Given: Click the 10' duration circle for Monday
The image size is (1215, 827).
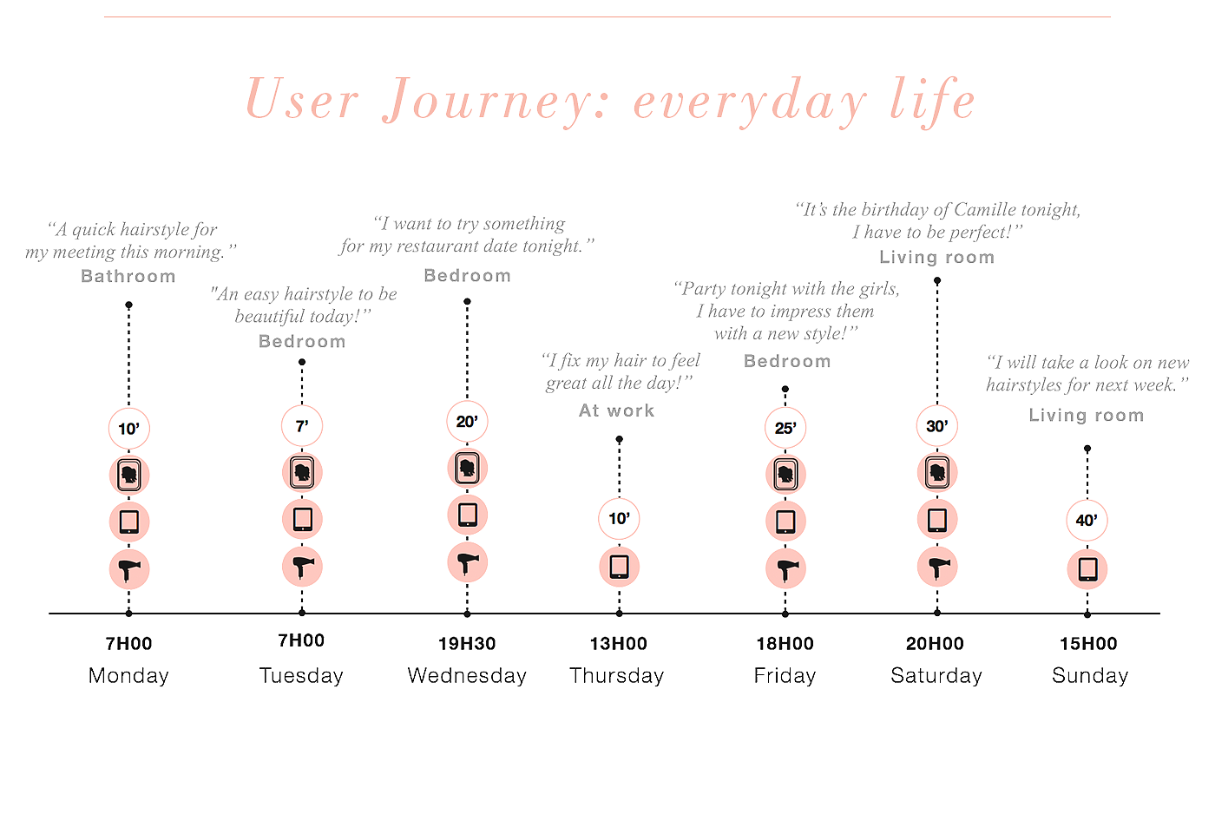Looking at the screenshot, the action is point(128,429).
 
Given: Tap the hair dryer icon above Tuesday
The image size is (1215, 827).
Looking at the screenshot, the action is point(302,567).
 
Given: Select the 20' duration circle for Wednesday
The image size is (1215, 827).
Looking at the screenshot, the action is point(467,422).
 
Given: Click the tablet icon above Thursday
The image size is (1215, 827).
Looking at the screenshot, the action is point(619,567).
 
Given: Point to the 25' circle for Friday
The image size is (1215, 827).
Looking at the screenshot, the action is point(785,428).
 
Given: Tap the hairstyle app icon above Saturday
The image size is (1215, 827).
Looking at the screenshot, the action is point(937,473).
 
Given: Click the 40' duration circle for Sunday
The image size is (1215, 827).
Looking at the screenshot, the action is point(1087,521).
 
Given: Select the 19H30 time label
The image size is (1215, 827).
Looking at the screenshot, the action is point(467,644).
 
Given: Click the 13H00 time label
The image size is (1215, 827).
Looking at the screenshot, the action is point(619,644).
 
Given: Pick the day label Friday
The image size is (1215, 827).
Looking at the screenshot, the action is point(785,676).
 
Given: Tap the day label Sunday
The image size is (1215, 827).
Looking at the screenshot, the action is point(1090,676).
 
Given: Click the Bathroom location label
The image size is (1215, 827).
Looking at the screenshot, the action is point(128,277).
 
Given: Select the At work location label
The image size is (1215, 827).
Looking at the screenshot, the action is point(617,411).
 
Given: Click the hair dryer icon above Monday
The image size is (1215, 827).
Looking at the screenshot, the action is point(128,569).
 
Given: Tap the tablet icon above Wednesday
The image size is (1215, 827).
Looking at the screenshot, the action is point(467,515).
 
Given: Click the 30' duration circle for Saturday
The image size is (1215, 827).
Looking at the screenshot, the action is point(937,426).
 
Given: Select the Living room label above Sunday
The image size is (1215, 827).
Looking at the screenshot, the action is point(1087,416).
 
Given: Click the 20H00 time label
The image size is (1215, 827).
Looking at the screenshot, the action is point(935,644).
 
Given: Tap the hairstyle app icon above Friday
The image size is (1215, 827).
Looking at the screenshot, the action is point(785,474).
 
